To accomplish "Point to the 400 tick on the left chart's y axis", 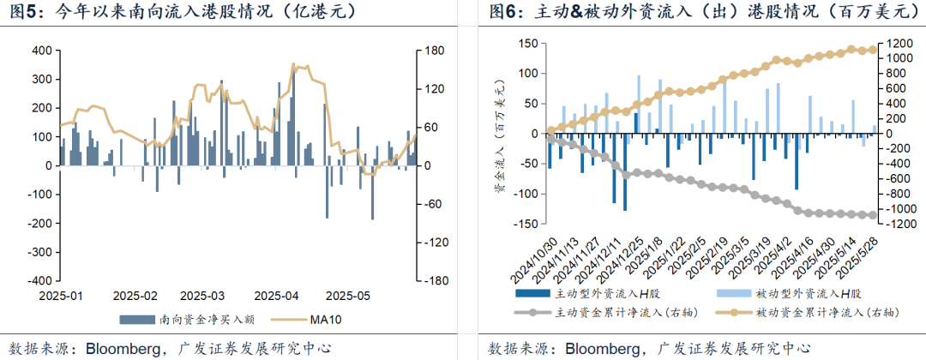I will click(x=39, y=51).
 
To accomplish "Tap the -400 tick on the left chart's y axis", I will click(x=37, y=280).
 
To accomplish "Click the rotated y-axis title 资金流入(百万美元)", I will click(x=500, y=137).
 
